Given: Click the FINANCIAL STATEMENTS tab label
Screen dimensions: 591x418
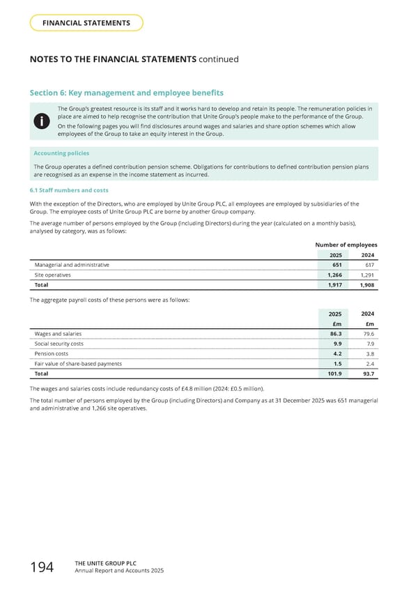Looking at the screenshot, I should [x=86, y=23].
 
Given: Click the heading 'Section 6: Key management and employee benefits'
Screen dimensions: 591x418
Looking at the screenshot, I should [x=126, y=93].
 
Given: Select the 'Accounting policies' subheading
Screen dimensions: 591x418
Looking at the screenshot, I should [x=61, y=153].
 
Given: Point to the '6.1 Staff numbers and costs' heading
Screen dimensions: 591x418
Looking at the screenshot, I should [x=69, y=190].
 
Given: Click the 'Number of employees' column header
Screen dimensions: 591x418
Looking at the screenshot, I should [x=346, y=245].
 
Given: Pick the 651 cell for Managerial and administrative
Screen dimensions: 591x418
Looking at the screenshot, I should [x=336, y=265].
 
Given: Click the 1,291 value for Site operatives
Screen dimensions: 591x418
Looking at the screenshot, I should [x=366, y=275].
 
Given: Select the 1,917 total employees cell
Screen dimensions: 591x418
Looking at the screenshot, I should [x=334, y=285].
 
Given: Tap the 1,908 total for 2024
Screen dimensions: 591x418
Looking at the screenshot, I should [x=366, y=285].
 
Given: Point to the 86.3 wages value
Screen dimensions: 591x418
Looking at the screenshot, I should [x=335, y=334].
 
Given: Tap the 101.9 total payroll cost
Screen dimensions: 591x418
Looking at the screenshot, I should [x=333, y=374].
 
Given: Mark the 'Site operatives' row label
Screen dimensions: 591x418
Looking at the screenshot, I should [x=52, y=275].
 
